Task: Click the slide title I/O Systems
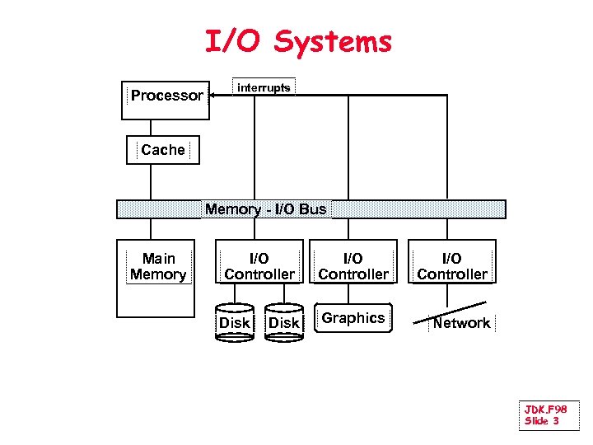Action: coord(298,41)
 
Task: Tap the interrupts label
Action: coord(264,87)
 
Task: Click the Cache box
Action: coord(162,150)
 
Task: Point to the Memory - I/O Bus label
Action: coord(265,209)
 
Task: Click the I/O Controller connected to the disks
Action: coord(259,266)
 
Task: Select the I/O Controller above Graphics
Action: coord(353,266)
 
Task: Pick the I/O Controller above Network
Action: coord(452,266)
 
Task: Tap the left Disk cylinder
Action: coord(235,322)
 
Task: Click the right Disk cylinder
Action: coord(284,322)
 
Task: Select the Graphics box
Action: coord(353,319)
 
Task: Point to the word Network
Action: coord(461,323)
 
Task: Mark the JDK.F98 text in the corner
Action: coord(545,409)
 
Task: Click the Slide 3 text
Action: coord(541,421)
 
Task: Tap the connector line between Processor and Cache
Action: coord(150,127)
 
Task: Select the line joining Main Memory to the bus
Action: coord(150,228)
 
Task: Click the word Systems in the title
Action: coord(333,41)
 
